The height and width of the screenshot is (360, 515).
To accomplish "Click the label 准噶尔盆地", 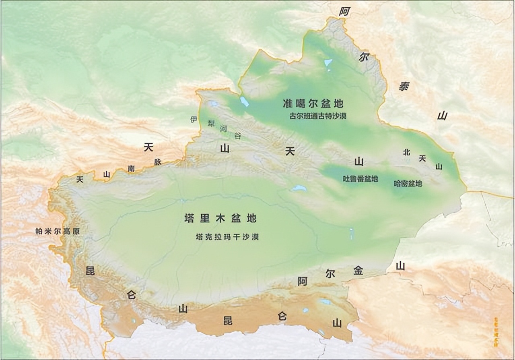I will click(313, 103).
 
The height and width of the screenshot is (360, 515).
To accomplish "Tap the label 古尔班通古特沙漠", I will click(318, 116).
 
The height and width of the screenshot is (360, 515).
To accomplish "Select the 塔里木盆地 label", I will click(220, 219).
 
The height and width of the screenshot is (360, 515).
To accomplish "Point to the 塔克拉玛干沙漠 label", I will click(227, 237).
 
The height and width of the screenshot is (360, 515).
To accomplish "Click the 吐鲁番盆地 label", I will click(360, 179).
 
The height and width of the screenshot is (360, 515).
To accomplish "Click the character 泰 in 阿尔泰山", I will click(404, 86).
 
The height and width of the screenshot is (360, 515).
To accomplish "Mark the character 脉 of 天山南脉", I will click(157, 162).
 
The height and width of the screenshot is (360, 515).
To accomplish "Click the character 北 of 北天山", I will click(406, 152).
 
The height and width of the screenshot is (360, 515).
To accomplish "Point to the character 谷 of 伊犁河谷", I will click(237, 136).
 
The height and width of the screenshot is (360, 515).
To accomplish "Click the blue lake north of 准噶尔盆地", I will click(328, 63).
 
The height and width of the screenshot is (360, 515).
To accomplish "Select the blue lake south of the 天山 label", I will click(299, 188).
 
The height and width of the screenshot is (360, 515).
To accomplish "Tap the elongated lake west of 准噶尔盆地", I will click(244, 101).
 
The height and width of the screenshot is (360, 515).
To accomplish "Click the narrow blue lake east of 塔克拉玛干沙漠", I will click(351, 233).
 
